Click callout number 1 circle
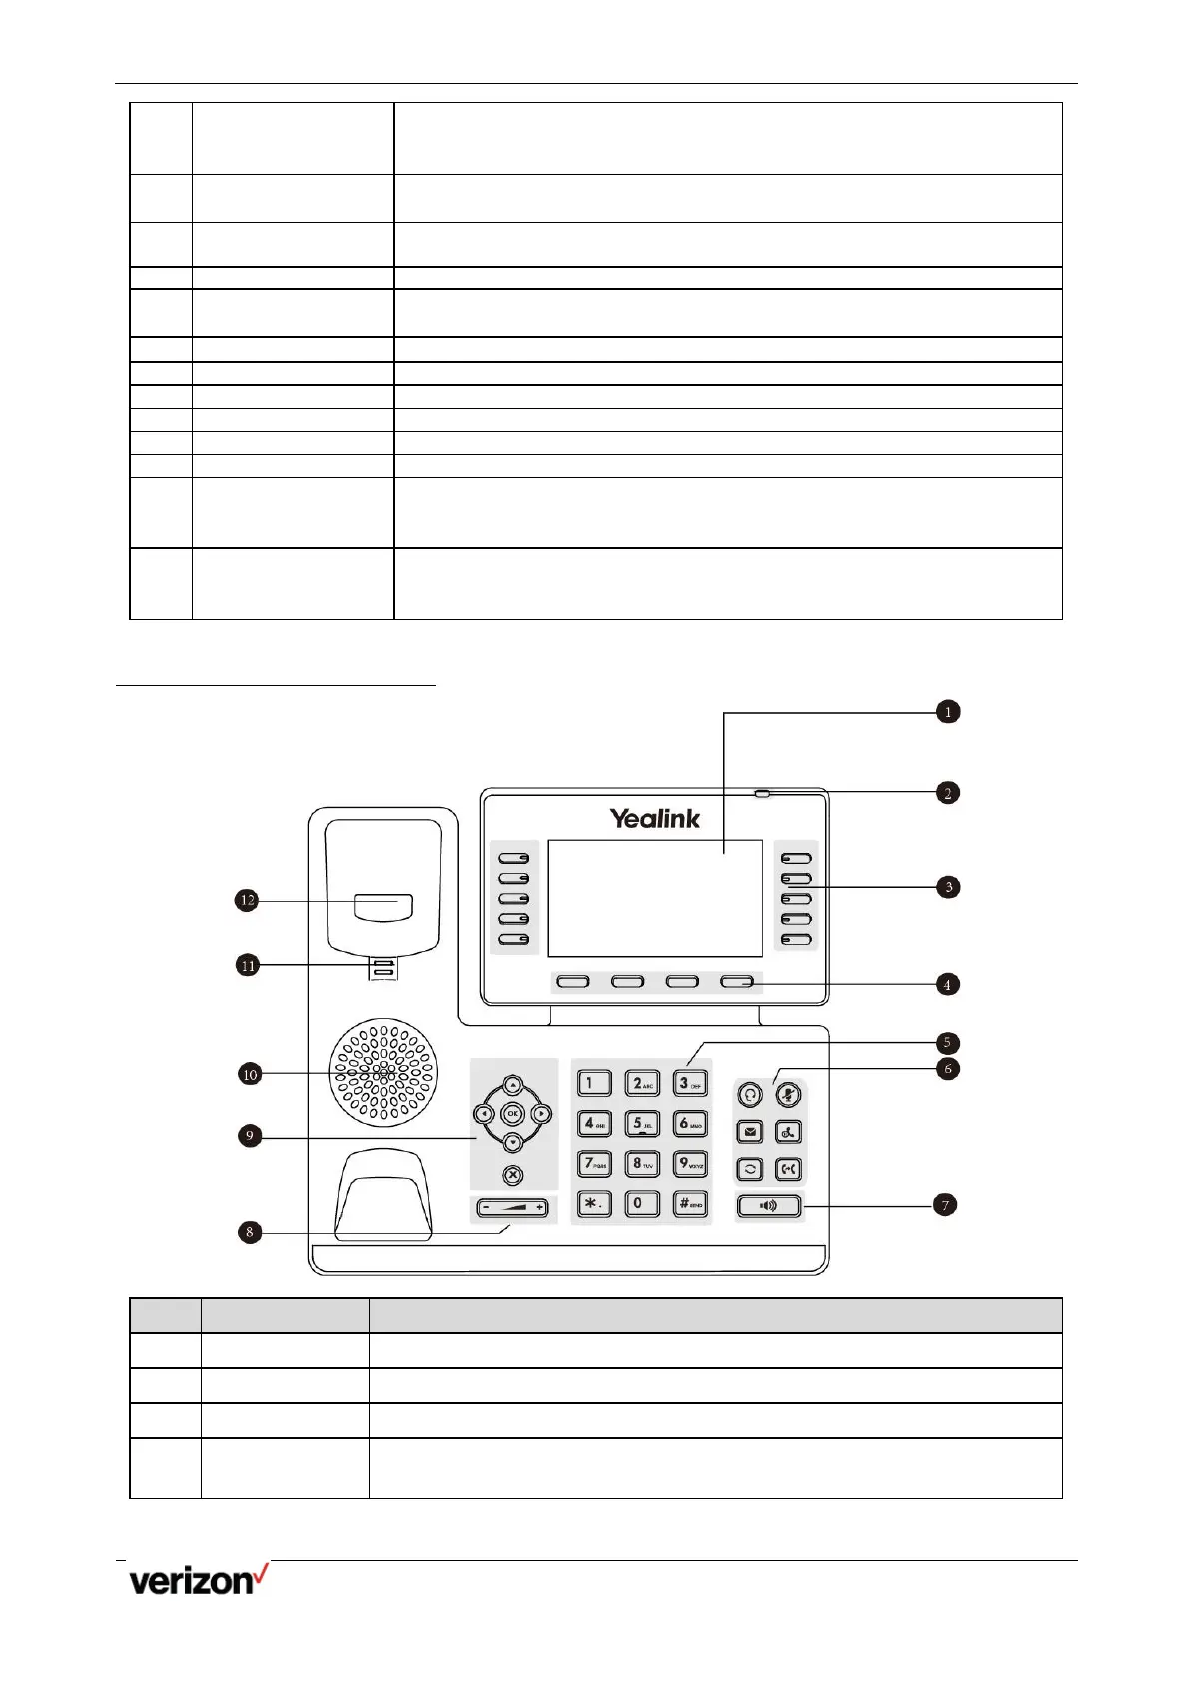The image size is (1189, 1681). click(947, 712)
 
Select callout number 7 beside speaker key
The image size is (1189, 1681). click(945, 1205)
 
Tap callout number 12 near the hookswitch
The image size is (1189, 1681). click(247, 900)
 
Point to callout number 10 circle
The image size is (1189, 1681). click(250, 1074)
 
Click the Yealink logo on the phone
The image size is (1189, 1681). click(655, 819)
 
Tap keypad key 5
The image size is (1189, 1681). click(642, 1124)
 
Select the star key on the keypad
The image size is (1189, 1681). click(594, 1203)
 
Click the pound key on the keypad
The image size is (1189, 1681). click(690, 1203)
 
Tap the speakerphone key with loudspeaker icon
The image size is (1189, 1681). click(769, 1206)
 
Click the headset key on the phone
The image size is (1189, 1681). click(750, 1094)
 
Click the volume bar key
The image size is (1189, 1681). click(512, 1208)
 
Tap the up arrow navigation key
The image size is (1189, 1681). click(512, 1085)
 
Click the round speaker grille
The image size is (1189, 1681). click(384, 1073)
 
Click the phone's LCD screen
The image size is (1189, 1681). click(655, 898)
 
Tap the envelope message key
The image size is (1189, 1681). click(750, 1132)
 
